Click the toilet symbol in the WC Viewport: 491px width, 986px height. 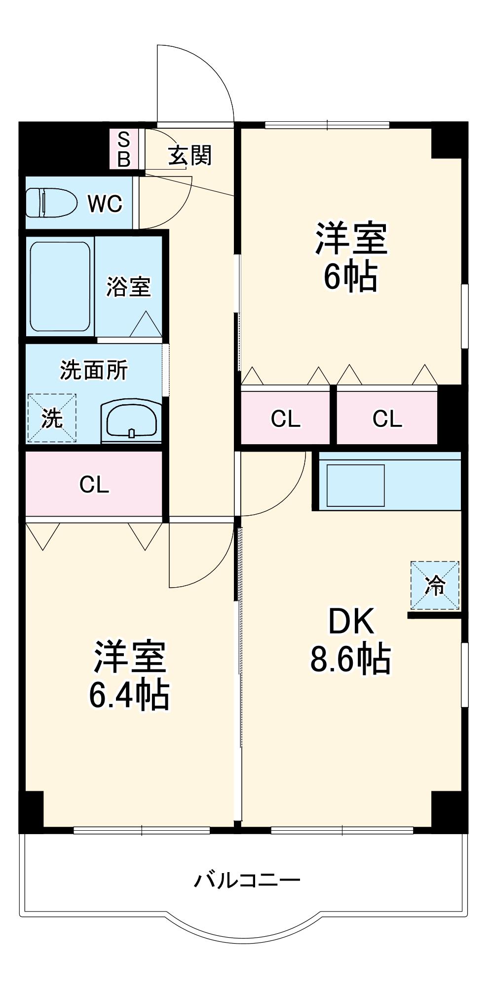(x=51, y=203)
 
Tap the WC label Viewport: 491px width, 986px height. (x=105, y=203)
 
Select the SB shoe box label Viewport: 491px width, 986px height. (x=124, y=149)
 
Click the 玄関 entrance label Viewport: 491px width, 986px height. (x=190, y=155)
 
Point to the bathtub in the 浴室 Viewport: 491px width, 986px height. (x=60, y=286)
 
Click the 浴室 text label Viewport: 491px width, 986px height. (x=128, y=286)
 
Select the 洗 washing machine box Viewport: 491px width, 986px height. (x=52, y=418)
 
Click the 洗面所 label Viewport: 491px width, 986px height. (x=94, y=370)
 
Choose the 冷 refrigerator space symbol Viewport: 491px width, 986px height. (x=435, y=585)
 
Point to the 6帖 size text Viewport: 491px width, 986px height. (x=350, y=277)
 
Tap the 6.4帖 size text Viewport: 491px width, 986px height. (x=129, y=695)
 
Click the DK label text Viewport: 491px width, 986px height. (x=351, y=622)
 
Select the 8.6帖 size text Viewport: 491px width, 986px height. (x=350, y=658)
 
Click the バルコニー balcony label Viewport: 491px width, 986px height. (x=247, y=880)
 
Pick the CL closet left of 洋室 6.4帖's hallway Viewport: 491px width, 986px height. (x=94, y=485)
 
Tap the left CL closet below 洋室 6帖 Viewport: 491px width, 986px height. (x=285, y=419)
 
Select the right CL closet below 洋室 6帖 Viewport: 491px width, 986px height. (x=387, y=419)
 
